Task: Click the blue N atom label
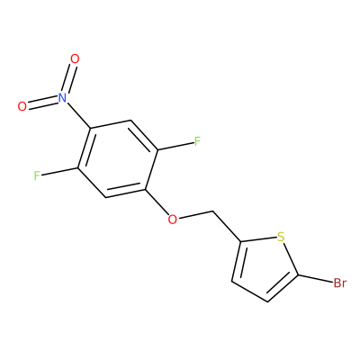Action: pyautogui.click(x=62, y=97)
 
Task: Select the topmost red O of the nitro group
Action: pyautogui.click(x=75, y=58)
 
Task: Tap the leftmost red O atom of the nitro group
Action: pyautogui.click(x=22, y=106)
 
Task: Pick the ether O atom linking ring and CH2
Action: pyautogui.click(x=172, y=220)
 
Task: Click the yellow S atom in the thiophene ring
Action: pyautogui.click(x=281, y=237)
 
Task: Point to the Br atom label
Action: pyautogui.click(x=340, y=283)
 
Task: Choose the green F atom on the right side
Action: pyautogui.click(x=197, y=141)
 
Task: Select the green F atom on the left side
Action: pyautogui.click(x=37, y=175)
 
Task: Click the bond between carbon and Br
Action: pyautogui.click(x=315, y=279)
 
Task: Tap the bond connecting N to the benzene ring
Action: pyautogui.click(x=78, y=115)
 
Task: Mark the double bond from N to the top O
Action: pyautogui.click(x=68, y=78)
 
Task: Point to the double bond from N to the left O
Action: pyautogui.click(x=42, y=102)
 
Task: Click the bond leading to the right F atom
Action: pyautogui.click(x=175, y=146)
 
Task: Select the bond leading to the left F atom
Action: pyautogui.click(x=59, y=172)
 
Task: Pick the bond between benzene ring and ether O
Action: pyautogui.click(x=157, y=202)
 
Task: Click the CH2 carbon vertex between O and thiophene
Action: pyautogui.click(x=213, y=211)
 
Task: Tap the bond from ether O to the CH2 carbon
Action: pyautogui.click(x=195, y=215)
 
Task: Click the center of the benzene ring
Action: pyautogui.click(x=118, y=159)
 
